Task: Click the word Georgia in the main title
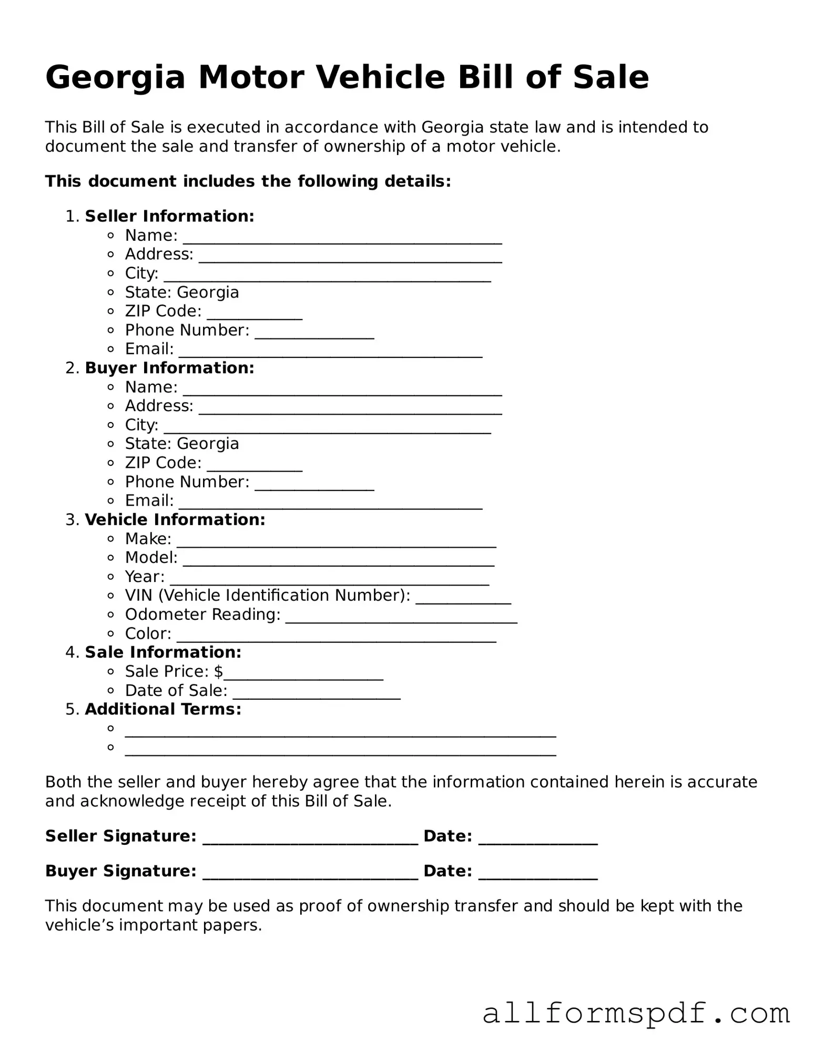pyautogui.click(x=115, y=78)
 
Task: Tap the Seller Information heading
pyautogui.click(x=169, y=216)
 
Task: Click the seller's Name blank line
pyautogui.click(x=342, y=238)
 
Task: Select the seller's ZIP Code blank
pyautogui.click(x=255, y=313)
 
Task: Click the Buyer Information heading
pyautogui.click(x=169, y=368)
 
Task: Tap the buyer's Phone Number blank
pyautogui.click(x=314, y=484)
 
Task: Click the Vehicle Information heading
pyautogui.click(x=175, y=519)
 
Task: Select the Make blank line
pyautogui.click(x=337, y=541)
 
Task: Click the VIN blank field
pyautogui.click(x=463, y=598)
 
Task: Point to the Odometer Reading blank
pyautogui.click(x=401, y=617)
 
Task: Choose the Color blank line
pyautogui.click(x=337, y=636)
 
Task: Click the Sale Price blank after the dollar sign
pyautogui.click(x=303, y=674)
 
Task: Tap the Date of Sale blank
pyautogui.click(x=317, y=693)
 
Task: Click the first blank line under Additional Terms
pyautogui.click(x=340, y=731)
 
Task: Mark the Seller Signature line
pyautogui.click(x=310, y=838)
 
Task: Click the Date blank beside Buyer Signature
pyautogui.click(x=538, y=873)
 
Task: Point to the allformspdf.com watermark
pyautogui.click(x=636, y=1013)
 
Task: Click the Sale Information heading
pyautogui.click(x=163, y=652)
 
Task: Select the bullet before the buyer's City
pyautogui.click(x=110, y=425)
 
